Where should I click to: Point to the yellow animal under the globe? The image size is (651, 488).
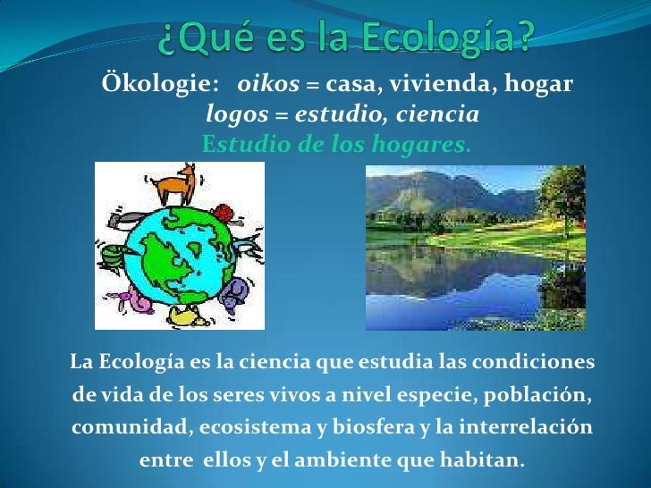click(187, 315)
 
